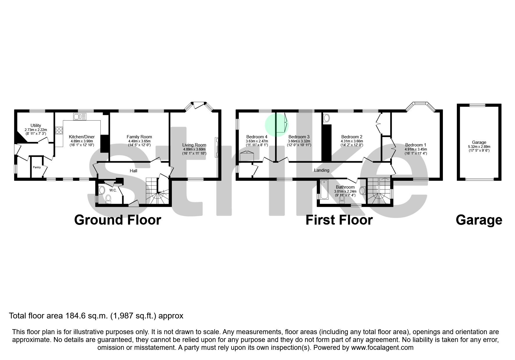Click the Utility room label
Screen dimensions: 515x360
(x=36, y=126)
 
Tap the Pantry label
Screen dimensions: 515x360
(x=37, y=167)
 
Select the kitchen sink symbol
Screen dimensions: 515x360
(x=80, y=117)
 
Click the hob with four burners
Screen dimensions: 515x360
(x=59, y=130)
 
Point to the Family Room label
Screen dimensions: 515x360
(x=139, y=137)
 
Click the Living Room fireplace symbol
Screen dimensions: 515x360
(x=216, y=147)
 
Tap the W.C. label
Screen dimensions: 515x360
(x=113, y=190)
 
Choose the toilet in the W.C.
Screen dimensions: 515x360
(x=108, y=199)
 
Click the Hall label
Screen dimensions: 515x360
(x=133, y=171)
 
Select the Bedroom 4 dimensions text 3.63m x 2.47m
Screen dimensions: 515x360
(x=257, y=141)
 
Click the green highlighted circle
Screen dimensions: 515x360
(x=277, y=125)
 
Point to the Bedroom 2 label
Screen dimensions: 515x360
(x=352, y=137)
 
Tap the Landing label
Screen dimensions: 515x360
(x=322, y=170)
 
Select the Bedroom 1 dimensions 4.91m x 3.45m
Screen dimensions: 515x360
(x=416, y=149)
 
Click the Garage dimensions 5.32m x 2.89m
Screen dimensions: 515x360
(x=479, y=147)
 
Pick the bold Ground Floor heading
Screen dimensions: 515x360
(x=117, y=220)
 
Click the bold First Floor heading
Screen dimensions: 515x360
(x=339, y=220)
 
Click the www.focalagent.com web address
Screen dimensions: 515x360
(x=382, y=348)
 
